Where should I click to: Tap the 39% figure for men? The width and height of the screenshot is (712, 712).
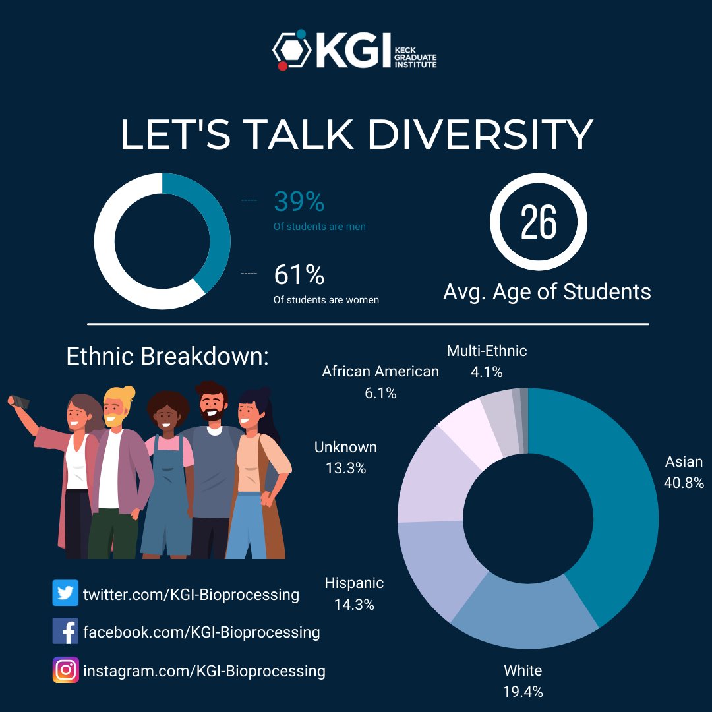tap(299, 202)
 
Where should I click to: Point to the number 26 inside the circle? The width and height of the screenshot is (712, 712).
tap(539, 222)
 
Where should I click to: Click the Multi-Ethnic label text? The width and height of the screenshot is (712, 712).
tap(487, 351)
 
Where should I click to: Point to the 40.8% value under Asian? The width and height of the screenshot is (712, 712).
tap(684, 483)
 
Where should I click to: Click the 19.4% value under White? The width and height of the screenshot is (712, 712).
tap(523, 692)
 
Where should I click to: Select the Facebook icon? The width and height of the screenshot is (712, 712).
tap(65, 632)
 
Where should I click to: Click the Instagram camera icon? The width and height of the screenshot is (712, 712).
tap(65, 670)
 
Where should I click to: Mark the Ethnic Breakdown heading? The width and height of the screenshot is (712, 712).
tap(168, 357)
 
